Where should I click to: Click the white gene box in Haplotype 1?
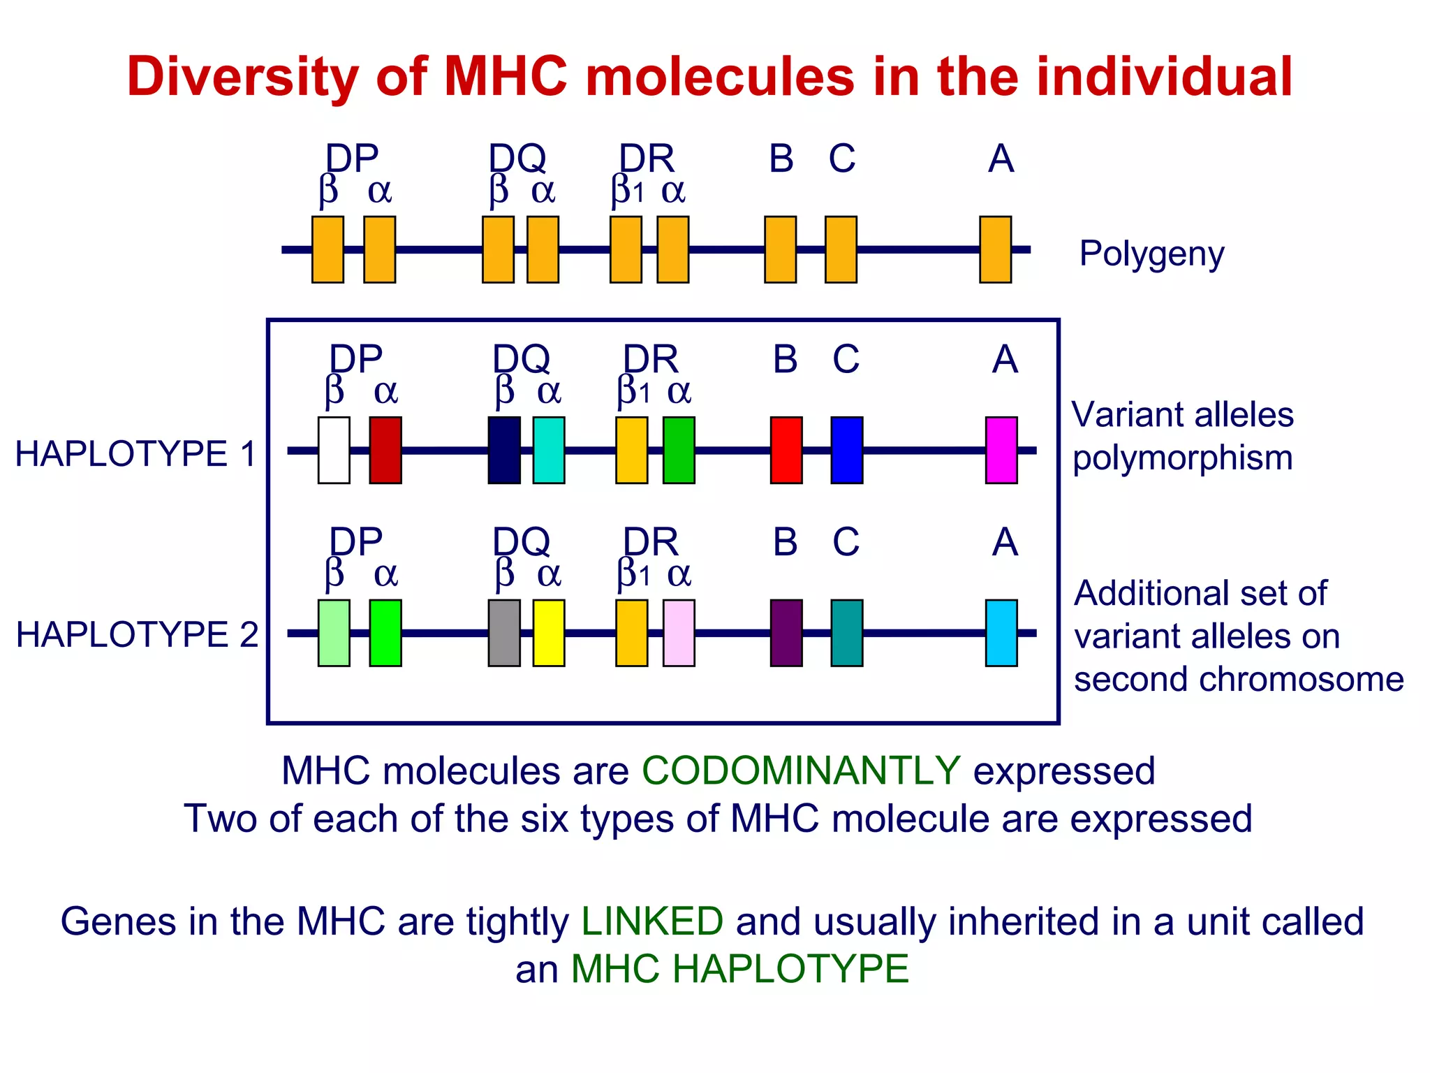point(334,450)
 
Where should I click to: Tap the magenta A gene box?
point(1001,450)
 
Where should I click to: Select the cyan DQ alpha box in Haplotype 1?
point(549,450)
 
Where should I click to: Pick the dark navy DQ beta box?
point(504,450)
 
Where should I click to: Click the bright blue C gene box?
point(847,450)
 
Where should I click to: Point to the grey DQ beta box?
point(504,633)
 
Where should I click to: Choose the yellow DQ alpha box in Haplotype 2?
point(549,633)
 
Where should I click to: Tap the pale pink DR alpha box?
point(679,633)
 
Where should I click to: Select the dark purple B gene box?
point(786,633)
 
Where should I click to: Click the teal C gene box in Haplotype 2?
point(847,633)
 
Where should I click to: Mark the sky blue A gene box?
point(1001,633)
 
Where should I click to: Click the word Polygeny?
point(1151,254)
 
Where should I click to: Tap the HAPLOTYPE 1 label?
point(136,454)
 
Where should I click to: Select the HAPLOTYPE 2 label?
point(137,635)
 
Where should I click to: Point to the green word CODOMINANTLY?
point(801,771)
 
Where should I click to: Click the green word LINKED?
point(652,921)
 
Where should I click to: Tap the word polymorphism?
point(1183,459)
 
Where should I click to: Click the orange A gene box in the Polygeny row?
point(996,249)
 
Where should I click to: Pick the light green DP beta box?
point(334,633)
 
